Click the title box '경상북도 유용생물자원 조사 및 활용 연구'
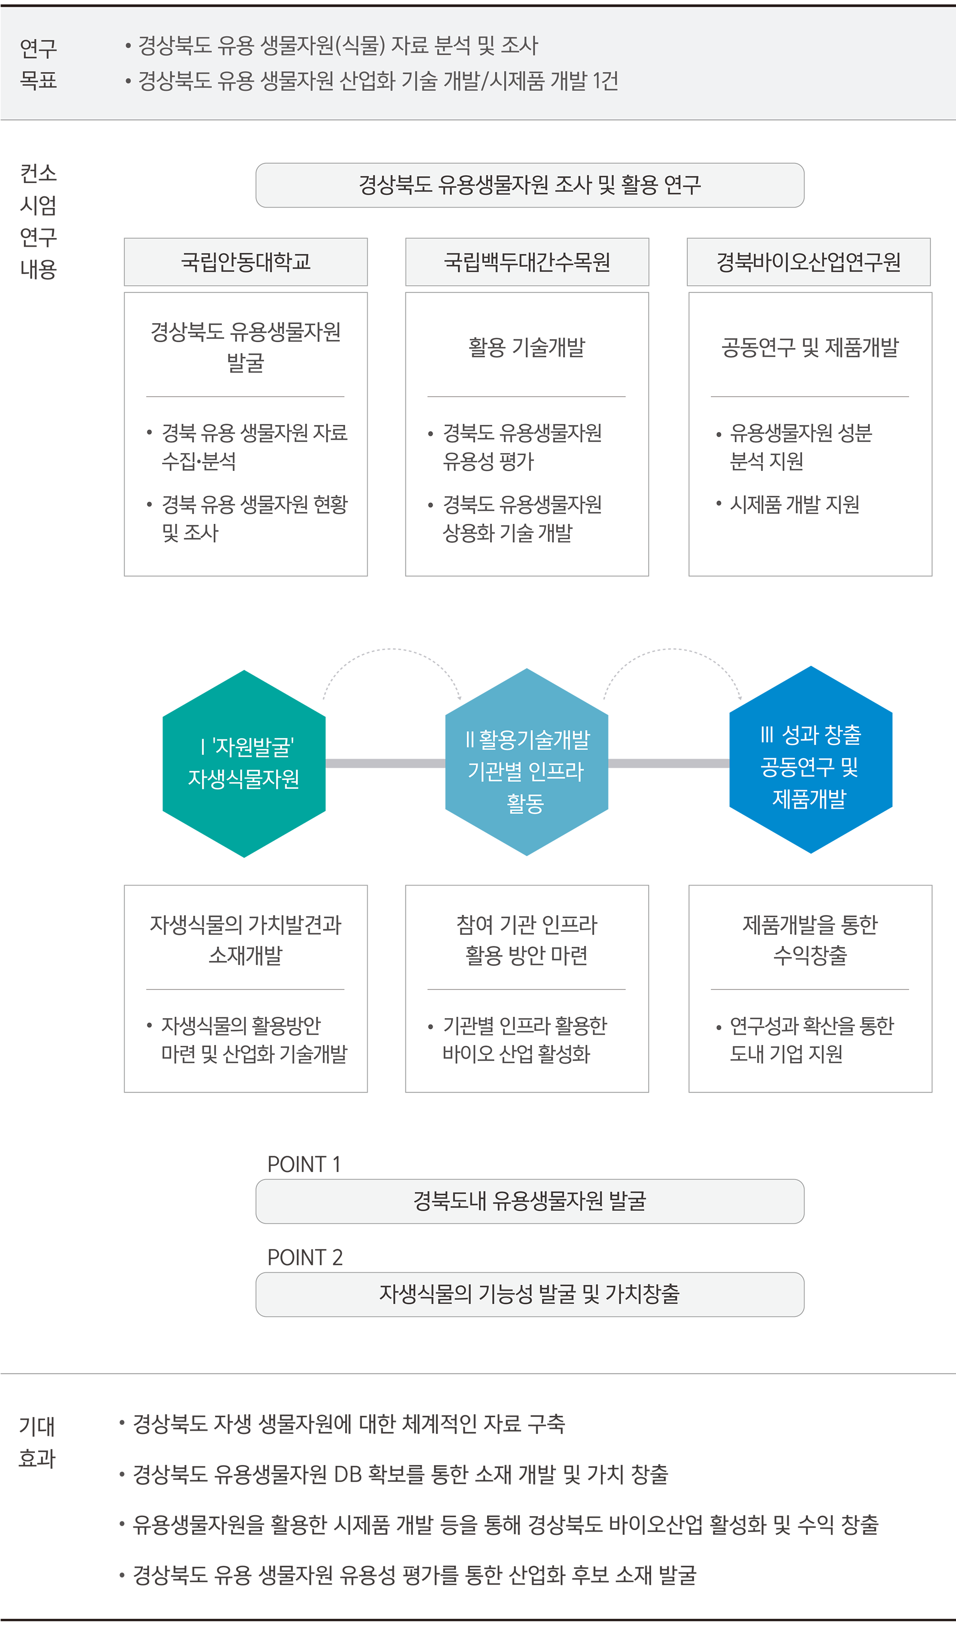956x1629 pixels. (x=530, y=185)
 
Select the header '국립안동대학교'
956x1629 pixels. (x=246, y=262)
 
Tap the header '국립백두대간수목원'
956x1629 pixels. (x=527, y=262)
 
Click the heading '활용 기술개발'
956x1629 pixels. (x=527, y=347)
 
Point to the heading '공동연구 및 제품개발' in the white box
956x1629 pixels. (x=810, y=347)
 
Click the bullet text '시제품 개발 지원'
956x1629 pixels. (x=794, y=504)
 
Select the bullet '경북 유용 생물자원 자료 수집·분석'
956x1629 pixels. (x=254, y=446)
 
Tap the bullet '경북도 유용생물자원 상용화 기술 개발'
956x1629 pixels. (x=521, y=519)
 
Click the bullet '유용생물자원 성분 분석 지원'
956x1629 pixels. (x=800, y=446)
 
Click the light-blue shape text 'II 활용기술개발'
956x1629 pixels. (x=527, y=739)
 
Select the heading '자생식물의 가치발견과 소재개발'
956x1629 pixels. (x=246, y=940)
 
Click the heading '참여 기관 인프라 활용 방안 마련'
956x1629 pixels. (x=527, y=940)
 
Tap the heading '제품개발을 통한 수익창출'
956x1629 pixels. (x=810, y=940)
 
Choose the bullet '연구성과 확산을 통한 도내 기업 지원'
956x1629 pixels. (x=811, y=1040)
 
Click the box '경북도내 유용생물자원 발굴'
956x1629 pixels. (x=530, y=1201)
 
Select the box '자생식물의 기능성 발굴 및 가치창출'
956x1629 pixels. (x=530, y=1294)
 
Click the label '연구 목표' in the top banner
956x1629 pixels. (x=38, y=64)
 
